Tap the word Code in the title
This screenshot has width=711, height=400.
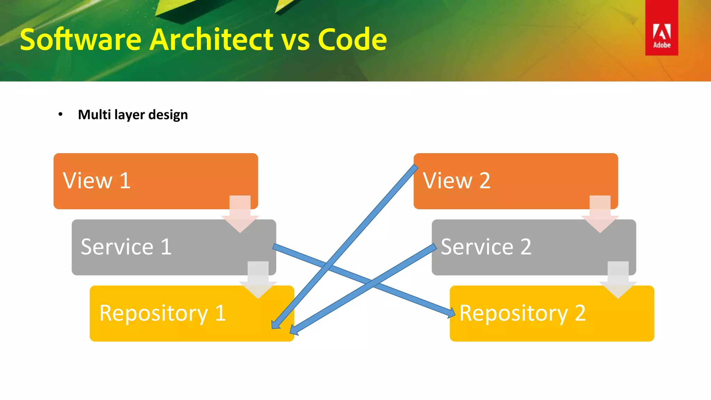pyautogui.click(x=352, y=40)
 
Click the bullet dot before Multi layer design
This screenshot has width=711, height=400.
pyautogui.click(x=60, y=114)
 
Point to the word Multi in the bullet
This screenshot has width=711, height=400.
pyautogui.click(x=94, y=115)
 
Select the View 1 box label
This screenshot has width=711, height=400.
pyautogui.click(x=97, y=181)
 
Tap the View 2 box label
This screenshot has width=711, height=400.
pyautogui.click(x=457, y=181)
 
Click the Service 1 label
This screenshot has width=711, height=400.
pyautogui.click(x=126, y=247)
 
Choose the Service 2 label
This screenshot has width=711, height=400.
pyautogui.click(x=486, y=247)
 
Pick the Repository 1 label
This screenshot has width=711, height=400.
pyautogui.click(x=162, y=313)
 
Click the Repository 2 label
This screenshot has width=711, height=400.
pyautogui.click(x=522, y=313)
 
